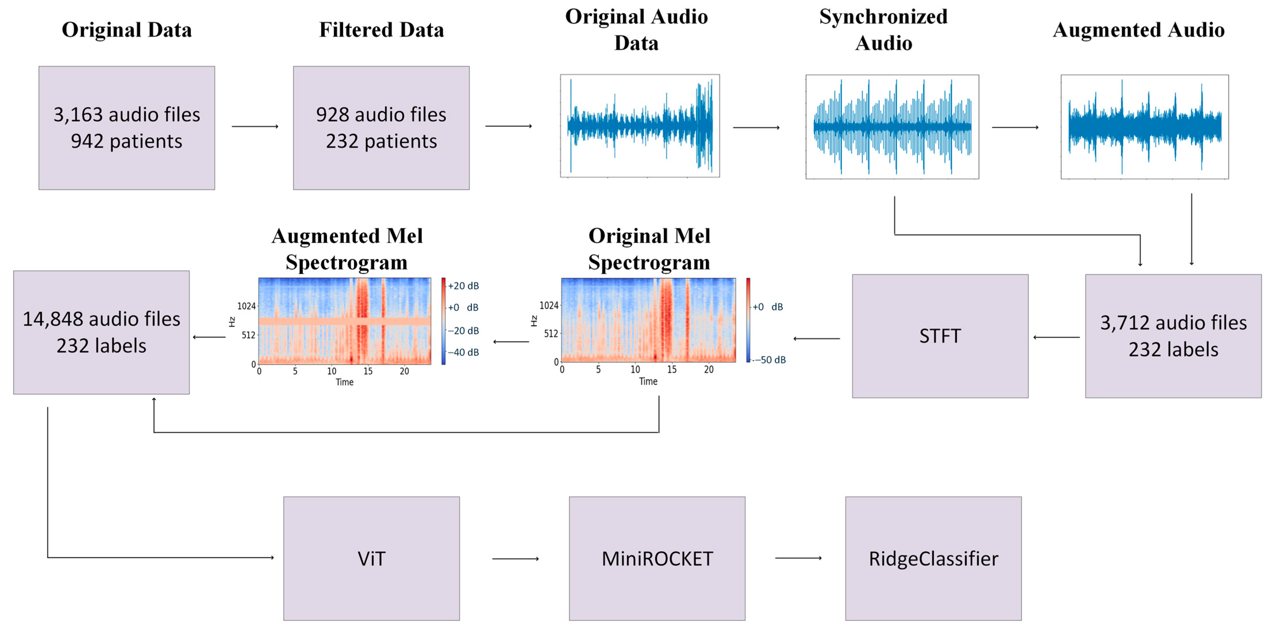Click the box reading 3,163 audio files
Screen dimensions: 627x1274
(x=127, y=128)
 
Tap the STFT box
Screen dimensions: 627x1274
(x=940, y=336)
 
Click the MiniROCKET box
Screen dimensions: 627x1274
(x=657, y=558)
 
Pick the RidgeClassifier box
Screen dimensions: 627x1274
(x=933, y=558)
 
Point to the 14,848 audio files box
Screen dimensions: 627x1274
(x=101, y=332)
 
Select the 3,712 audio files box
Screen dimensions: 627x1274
(x=1173, y=336)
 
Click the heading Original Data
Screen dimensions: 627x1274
(x=127, y=30)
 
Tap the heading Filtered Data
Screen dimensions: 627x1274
(x=381, y=30)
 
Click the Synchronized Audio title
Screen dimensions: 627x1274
(x=883, y=30)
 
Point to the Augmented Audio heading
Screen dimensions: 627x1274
(x=1138, y=30)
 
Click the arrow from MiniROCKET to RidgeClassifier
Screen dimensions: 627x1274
(x=798, y=558)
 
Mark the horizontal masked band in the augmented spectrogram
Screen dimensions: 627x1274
(x=345, y=322)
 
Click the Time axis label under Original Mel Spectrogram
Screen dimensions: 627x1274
(x=648, y=381)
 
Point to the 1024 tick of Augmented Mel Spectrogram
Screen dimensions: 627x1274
(x=246, y=306)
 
